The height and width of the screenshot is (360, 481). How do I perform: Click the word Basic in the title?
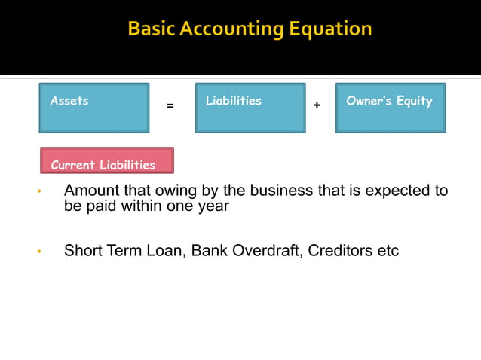coord(152,29)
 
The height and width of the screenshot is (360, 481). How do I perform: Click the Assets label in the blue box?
coord(69,101)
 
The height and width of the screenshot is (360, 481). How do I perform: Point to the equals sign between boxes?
coord(170,106)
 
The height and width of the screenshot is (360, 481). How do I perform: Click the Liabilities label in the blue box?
coord(234,101)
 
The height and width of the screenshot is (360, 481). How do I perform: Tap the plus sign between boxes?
coord(317,106)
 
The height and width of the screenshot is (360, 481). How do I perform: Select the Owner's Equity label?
coord(389,101)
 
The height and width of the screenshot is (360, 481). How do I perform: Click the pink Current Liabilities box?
coord(106,161)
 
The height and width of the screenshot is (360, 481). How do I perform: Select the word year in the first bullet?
coord(213,206)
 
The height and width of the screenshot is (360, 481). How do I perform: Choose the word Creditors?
coord(340,250)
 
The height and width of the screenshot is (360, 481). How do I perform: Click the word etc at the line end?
coord(388,250)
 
